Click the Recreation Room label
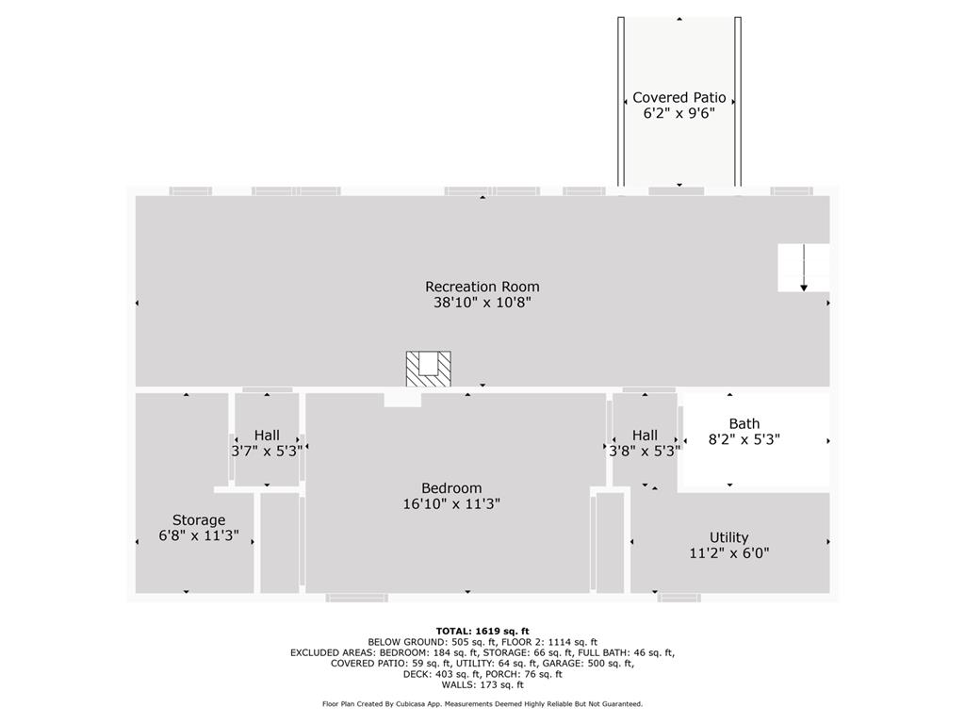482,287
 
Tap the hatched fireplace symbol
428,368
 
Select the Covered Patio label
679,97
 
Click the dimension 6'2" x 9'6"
679,113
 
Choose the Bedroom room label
450,488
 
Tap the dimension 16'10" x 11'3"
450,504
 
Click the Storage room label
198,520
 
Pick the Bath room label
744,424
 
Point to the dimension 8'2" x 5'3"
744,439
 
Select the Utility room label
728,538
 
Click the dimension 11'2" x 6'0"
728,553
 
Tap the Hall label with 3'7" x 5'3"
267,436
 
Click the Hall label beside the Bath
645,436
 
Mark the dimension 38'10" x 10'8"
482,303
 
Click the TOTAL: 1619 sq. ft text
482,632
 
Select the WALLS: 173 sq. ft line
482,684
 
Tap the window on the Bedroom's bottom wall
356,598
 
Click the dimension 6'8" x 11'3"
198,536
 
